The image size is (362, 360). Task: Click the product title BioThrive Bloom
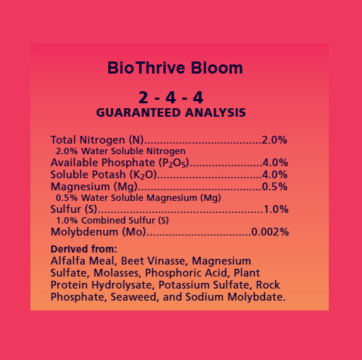pyautogui.click(x=175, y=69)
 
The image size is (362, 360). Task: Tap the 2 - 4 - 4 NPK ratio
pyautogui.click(x=171, y=98)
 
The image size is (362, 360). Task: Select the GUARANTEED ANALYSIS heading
pyautogui.click(x=171, y=112)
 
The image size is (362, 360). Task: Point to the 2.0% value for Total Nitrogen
pyautogui.click(x=274, y=139)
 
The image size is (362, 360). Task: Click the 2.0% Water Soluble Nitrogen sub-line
pyautogui.click(x=120, y=151)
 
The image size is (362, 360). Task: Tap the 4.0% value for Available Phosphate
pyautogui.click(x=274, y=163)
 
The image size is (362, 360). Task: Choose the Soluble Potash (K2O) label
pyautogui.click(x=103, y=175)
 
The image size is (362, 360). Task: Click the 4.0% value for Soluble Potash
pyautogui.click(x=274, y=175)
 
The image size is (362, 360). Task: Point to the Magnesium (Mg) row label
pyautogui.click(x=95, y=187)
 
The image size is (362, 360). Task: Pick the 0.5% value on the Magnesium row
pyautogui.click(x=274, y=187)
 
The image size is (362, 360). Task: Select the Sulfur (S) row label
pyautogui.click(x=74, y=209)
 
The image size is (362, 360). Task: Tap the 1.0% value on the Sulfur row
pyautogui.click(x=275, y=209)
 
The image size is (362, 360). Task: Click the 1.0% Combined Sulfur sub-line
pyautogui.click(x=112, y=221)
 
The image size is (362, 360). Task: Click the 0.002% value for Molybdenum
pyautogui.click(x=269, y=232)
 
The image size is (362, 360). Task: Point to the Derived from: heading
pyautogui.click(x=83, y=249)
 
